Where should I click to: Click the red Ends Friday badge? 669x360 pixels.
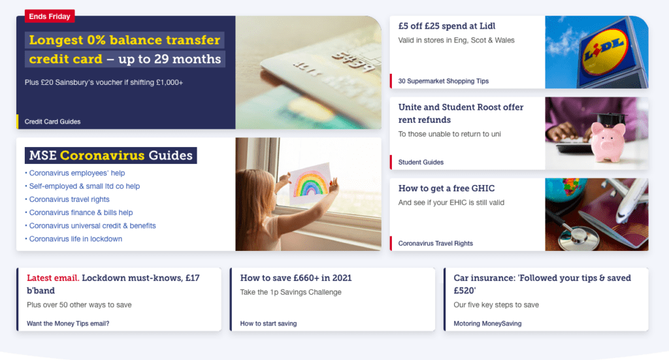(x=50, y=16)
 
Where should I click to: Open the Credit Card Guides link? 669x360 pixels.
(x=52, y=122)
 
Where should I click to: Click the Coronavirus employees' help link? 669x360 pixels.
(x=77, y=172)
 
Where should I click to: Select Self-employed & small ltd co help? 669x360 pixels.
(x=84, y=186)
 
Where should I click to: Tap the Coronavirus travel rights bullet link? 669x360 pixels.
(x=69, y=199)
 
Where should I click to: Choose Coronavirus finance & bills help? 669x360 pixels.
(x=81, y=212)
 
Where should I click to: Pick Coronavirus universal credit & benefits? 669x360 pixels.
(x=93, y=225)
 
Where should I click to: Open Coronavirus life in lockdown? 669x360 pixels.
(x=76, y=239)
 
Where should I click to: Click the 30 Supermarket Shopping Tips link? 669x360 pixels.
(x=444, y=81)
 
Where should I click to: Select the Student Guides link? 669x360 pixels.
(x=421, y=162)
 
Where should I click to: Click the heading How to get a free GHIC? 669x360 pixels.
(x=446, y=189)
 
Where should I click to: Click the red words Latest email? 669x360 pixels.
(x=53, y=278)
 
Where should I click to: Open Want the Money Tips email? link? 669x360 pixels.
(x=68, y=323)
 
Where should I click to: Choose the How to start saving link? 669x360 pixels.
(x=269, y=323)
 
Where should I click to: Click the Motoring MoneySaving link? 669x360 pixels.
(x=487, y=323)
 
